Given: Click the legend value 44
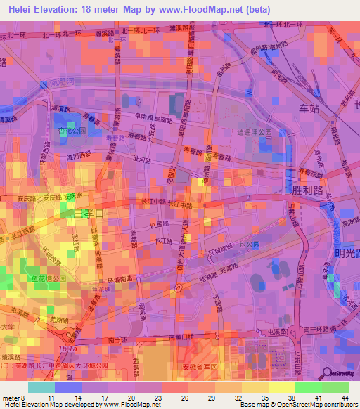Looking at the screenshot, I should (x=345, y=398).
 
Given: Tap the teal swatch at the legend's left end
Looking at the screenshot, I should (x=41, y=387).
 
